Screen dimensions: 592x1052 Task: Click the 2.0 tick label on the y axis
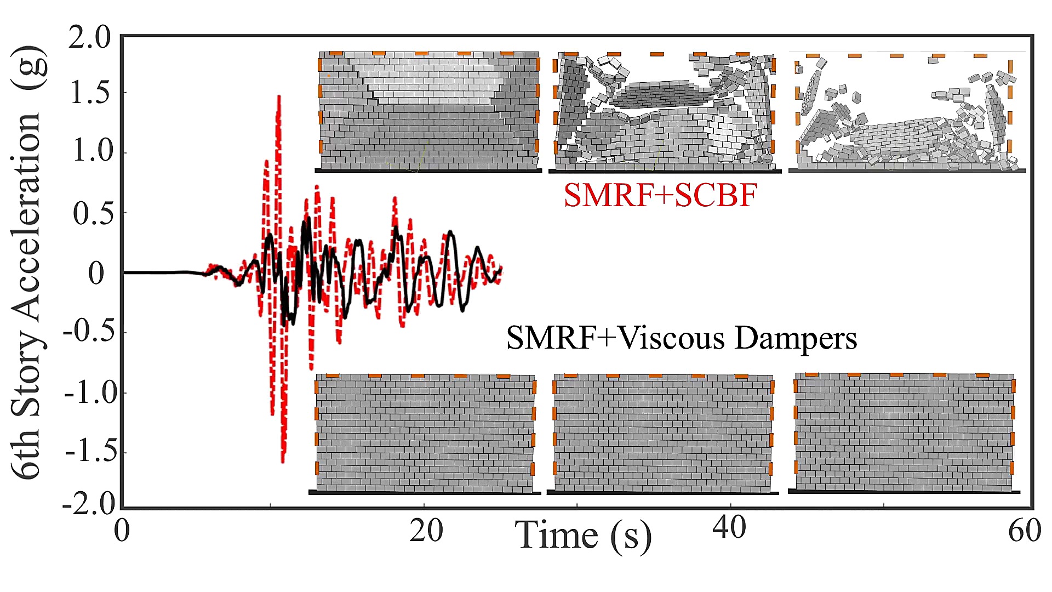tap(89, 38)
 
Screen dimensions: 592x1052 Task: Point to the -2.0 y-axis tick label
tap(89, 504)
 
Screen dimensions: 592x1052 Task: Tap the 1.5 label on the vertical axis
tap(91, 93)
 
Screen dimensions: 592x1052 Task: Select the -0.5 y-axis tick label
tap(89, 332)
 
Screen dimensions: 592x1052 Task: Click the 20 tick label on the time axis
tap(426, 531)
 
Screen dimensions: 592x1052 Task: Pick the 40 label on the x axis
tap(729, 527)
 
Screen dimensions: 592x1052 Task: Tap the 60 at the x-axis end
tap(1025, 531)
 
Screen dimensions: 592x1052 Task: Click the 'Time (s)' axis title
tap(583, 536)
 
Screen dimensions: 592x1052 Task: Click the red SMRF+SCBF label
tap(660, 196)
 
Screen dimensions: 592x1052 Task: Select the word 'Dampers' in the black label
tap(796, 338)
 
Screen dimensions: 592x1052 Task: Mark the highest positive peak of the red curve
tap(279, 97)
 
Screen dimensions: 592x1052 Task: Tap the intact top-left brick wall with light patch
tap(429, 111)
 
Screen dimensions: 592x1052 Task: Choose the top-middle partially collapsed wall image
tap(665, 112)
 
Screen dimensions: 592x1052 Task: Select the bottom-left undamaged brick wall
tap(425, 433)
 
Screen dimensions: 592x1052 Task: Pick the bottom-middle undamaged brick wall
tap(663, 433)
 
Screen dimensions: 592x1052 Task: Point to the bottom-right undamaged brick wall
tap(904, 432)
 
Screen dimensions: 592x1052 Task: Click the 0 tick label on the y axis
tap(96, 273)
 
